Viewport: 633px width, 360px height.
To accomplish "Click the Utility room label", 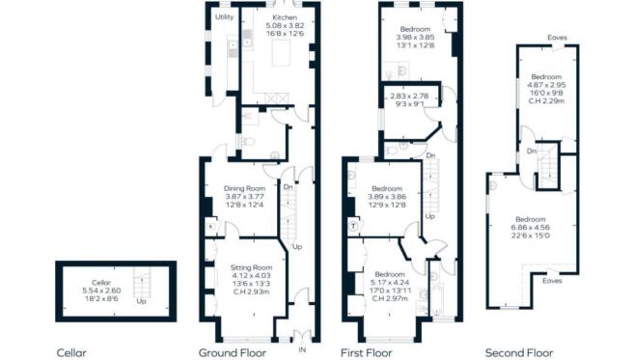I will click(224, 17).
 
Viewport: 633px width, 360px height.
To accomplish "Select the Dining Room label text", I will click(244, 188).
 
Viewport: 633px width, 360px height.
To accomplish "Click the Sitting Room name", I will click(250, 267).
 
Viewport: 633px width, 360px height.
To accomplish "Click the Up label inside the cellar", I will click(143, 300).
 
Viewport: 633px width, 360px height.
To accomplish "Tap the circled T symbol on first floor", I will click(354, 225).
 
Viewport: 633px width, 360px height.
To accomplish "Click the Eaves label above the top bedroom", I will click(556, 39).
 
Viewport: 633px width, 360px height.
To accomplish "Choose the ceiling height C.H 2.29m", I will click(545, 98).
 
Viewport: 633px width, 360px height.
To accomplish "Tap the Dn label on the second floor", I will click(532, 151).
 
